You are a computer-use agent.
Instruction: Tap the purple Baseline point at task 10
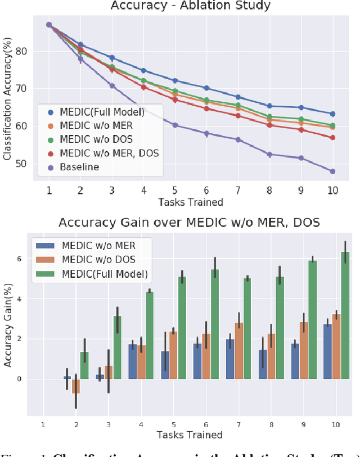[332, 171]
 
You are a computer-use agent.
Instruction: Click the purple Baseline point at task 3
[112, 85]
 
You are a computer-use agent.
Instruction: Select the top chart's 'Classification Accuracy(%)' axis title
[7, 107]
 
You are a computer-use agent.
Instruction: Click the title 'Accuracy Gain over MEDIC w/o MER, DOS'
[190, 223]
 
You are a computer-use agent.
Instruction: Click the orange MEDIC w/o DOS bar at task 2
[76, 386]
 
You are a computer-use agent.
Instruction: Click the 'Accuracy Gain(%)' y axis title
[7, 323]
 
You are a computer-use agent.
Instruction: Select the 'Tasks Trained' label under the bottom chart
[190, 435]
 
